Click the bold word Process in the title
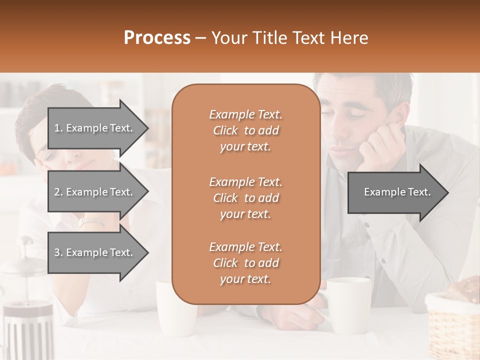(x=157, y=38)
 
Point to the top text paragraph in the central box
(x=245, y=130)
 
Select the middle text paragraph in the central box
(x=245, y=198)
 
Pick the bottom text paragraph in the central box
(x=245, y=263)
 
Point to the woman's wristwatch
(x=92, y=220)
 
